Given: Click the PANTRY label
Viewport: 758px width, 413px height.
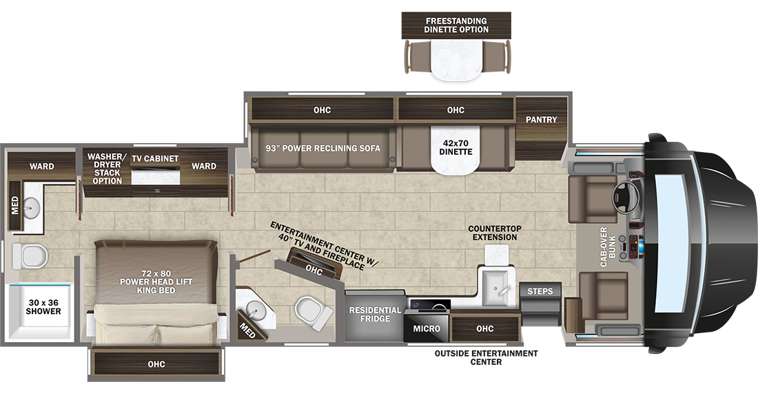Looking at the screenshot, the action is coord(542,119).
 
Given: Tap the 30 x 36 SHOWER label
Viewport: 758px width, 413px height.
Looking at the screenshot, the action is coord(43,307).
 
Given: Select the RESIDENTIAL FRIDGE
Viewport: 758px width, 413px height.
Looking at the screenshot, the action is coord(375,315).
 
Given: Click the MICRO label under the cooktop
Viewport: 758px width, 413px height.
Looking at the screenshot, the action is coord(427,328).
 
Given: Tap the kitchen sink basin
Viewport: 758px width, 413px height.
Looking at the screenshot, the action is coord(495,288).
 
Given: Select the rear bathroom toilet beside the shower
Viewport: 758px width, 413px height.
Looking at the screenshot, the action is coord(30,255).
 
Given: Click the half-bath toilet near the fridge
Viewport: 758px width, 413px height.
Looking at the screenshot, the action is coord(314,313).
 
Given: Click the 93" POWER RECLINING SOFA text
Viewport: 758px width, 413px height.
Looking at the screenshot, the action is coord(323,148).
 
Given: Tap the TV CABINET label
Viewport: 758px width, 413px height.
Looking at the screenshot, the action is coord(155,158).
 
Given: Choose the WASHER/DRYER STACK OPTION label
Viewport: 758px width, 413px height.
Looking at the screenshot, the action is coord(107,169).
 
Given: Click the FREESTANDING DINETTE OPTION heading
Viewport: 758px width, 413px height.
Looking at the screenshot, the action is coord(456,25).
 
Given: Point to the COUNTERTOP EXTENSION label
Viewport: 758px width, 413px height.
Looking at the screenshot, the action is coord(495,233).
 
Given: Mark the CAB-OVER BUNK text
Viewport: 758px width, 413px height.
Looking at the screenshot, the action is coord(608,247).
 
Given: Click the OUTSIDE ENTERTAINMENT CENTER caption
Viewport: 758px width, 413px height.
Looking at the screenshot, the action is coord(486,357).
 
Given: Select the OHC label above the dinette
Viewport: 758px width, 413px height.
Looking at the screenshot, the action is coord(455,110).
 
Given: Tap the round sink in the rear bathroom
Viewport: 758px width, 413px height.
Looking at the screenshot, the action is coord(32,208).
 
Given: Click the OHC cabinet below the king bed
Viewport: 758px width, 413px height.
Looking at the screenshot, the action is coord(156,364).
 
